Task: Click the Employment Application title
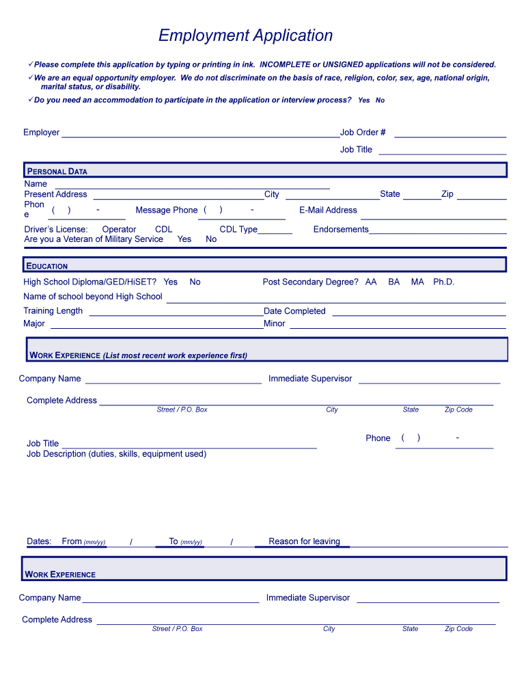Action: [245, 36]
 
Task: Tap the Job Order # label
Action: [363, 133]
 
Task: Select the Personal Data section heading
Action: [57, 172]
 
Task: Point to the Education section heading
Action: [47, 266]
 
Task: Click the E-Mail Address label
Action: [328, 211]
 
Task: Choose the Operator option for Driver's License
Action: [119, 230]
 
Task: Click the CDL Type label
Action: [238, 230]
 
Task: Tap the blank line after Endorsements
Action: [437, 231]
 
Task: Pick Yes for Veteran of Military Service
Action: [184, 239]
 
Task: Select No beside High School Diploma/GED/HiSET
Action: [195, 282]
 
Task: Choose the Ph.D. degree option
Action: [443, 282]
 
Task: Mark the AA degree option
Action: [371, 282]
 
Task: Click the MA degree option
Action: [417, 282]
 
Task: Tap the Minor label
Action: [275, 324]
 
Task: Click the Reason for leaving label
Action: [304, 541]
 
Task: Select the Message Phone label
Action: [166, 211]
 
